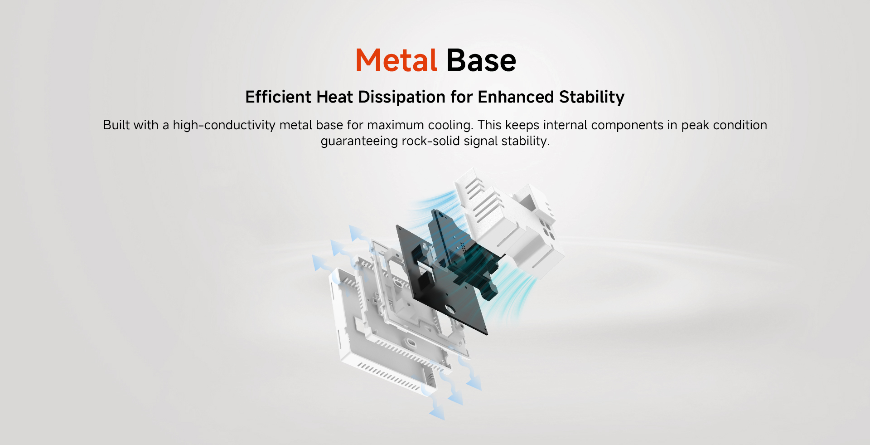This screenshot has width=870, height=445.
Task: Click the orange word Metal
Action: [x=396, y=60]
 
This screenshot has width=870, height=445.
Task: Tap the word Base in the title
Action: [x=481, y=60]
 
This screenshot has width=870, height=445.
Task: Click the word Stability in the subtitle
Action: [x=592, y=98]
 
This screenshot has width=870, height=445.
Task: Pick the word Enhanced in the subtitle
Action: [x=516, y=97]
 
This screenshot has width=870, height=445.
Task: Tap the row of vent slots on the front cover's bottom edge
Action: [x=389, y=376]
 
